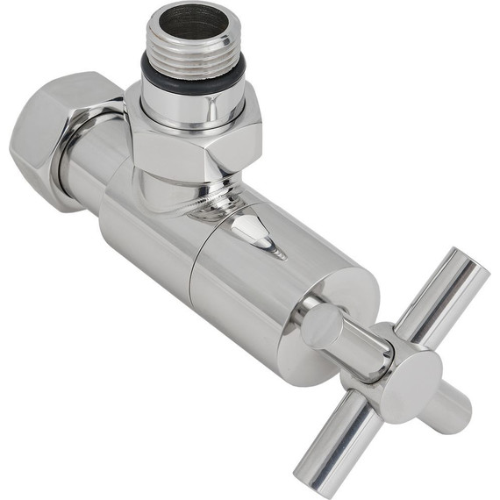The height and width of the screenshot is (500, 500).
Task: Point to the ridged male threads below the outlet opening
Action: click(x=193, y=48)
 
